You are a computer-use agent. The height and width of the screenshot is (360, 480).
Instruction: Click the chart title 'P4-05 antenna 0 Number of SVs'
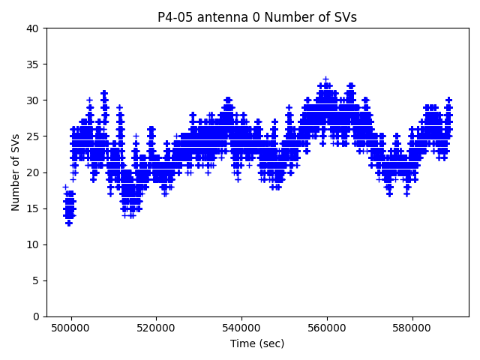pos(257,17)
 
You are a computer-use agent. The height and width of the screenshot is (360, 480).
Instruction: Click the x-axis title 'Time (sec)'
pos(257,343)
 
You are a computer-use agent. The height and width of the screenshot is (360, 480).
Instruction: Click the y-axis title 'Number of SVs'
pos(16,172)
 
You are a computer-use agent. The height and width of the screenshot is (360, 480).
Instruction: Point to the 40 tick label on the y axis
pos(33,28)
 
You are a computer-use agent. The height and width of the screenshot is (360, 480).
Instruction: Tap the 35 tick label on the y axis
pos(33,64)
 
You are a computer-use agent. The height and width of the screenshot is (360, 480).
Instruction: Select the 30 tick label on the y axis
pos(33,100)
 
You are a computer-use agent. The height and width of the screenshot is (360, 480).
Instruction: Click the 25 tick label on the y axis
pos(33,136)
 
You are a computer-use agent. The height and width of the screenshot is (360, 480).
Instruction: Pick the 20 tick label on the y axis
pos(33,172)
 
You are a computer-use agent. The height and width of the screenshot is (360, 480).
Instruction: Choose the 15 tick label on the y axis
pos(33,208)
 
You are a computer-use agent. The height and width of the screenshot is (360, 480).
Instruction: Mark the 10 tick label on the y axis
pos(33,244)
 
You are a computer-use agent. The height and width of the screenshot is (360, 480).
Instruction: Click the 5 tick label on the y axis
pos(36,280)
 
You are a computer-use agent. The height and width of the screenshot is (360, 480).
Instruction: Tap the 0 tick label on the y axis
pos(36,316)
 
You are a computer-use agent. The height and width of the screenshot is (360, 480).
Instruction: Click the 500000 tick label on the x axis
pos(71,328)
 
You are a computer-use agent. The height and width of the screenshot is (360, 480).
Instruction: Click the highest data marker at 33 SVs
pos(325,79)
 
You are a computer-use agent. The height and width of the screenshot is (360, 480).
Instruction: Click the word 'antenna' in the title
pos(217,17)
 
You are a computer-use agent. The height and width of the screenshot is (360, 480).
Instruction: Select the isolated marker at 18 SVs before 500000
pos(65,187)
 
